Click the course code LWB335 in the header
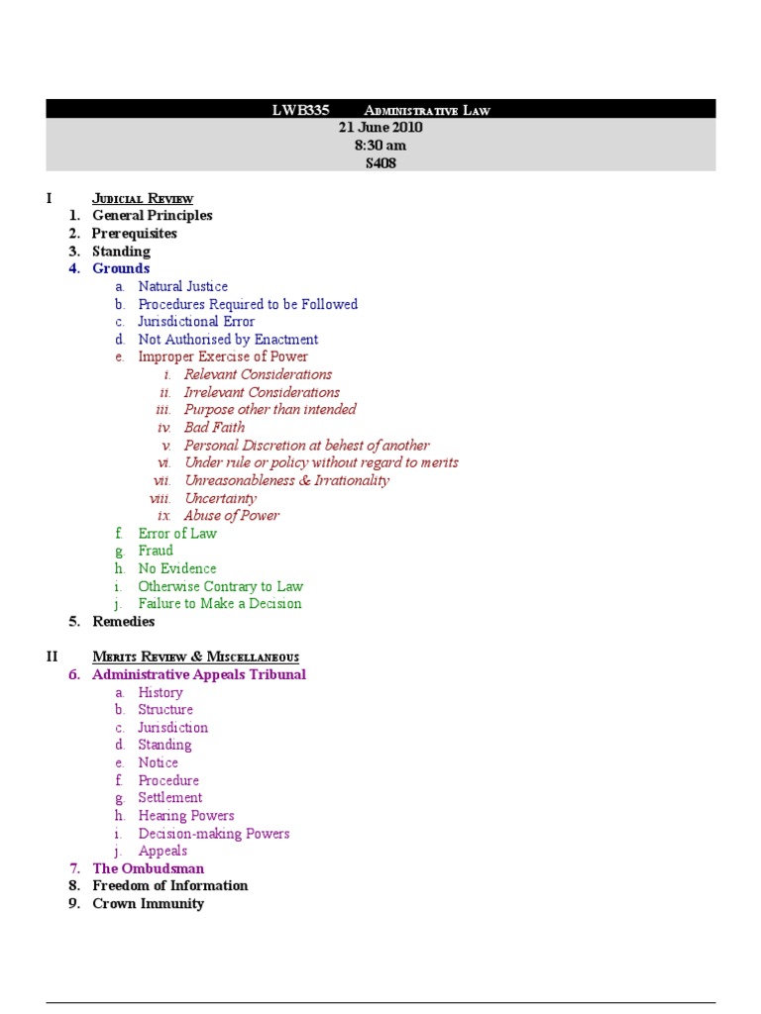pyautogui.click(x=300, y=110)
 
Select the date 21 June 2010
pyautogui.click(x=380, y=128)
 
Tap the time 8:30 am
pyautogui.click(x=380, y=146)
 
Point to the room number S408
pyautogui.click(x=380, y=163)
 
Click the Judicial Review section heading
pyautogui.click(x=143, y=198)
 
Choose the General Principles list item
pyautogui.click(x=152, y=216)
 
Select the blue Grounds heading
pyautogui.click(x=121, y=268)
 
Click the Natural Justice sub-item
pyautogui.click(x=182, y=286)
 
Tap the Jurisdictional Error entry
pyautogui.click(x=196, y=322)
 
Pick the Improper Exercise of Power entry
pyautogui.click(x=223, y=356)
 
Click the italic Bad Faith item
pyautogui.click(x=214, y=428)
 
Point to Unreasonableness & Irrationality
pyautogui.click(x=286, y=480)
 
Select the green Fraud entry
pyautogui.click(x=156, y=551)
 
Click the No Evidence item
pyautogui.click(x=176, y=568)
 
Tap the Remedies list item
pyautogui.click(x=123, y=622)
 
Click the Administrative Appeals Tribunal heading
pyautogui.click(x=198, y=674)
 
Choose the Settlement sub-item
pyautogui.click(x=169, y=798)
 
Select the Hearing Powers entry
pyautogui.click(x=186, y=816)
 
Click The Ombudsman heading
pyautogui.click(x=148, y=868)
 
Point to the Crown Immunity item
pyautogui.click(x=148, y=904)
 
